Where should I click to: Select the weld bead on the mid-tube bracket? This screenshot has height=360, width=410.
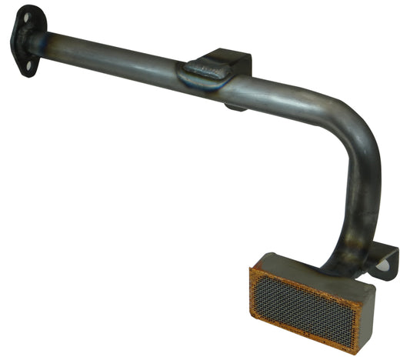click(x=203, y=72)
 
